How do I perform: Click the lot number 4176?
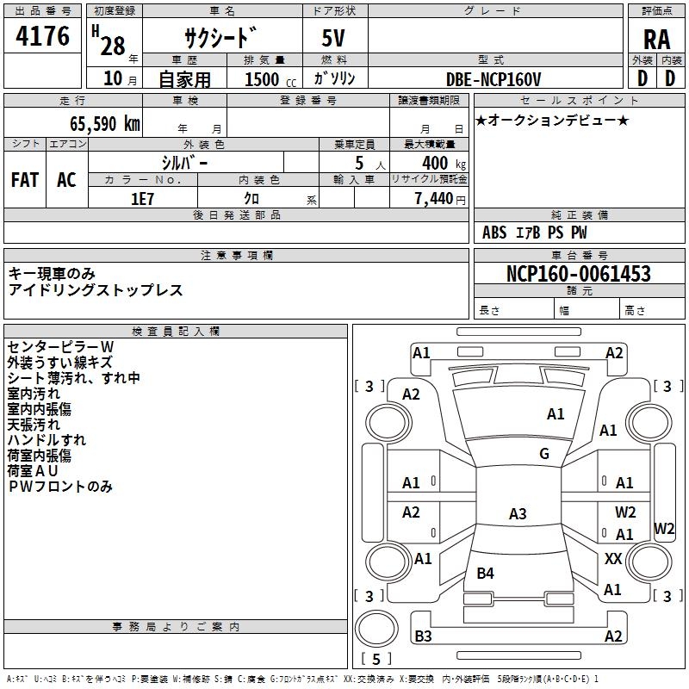[x=43, y=37]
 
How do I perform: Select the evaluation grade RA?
[x=656, y=40]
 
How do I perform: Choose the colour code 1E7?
[x=142, y=198]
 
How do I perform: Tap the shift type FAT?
[x=25, y=179]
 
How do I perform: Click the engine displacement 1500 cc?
[x=263, y=79]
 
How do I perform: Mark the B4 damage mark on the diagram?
[x=486, y=574]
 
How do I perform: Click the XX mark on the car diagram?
[x=613, y=559]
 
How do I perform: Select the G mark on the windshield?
[x=544, y=454]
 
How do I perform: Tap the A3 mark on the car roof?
[x=518, y=514]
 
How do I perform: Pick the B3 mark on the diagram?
[x=423, y=636]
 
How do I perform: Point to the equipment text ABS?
[x=494, y=233]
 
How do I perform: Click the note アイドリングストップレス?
[x=96, y=290]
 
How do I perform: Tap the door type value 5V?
[x=334, y=40]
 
